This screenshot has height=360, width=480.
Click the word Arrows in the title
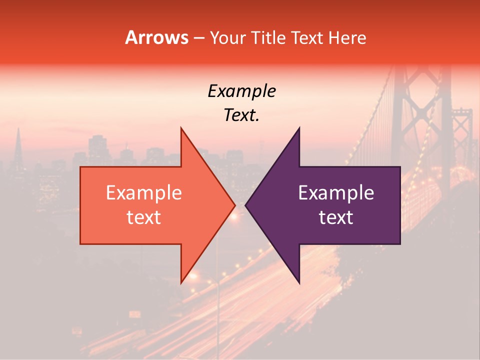point(157,37)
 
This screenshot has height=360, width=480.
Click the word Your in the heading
point(227,38)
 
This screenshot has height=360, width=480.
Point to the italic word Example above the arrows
point(241,91)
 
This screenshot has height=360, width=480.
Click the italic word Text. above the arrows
point(241,115)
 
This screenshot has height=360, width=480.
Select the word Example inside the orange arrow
point(144,193)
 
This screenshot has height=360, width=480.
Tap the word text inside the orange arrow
point(144,217)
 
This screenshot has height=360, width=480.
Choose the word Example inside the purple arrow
point(336,193)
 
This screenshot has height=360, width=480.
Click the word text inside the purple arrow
point(336,217)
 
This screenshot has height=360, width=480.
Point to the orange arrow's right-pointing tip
point(234,205)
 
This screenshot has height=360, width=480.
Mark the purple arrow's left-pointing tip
point(246,205)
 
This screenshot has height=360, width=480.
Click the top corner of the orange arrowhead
point(181,128)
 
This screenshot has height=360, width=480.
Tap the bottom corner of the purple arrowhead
point(299,283)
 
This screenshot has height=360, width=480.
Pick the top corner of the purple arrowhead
point(299,128)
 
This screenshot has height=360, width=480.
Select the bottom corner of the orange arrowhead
point(181,283)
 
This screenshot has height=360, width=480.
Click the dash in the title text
point(198,38)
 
